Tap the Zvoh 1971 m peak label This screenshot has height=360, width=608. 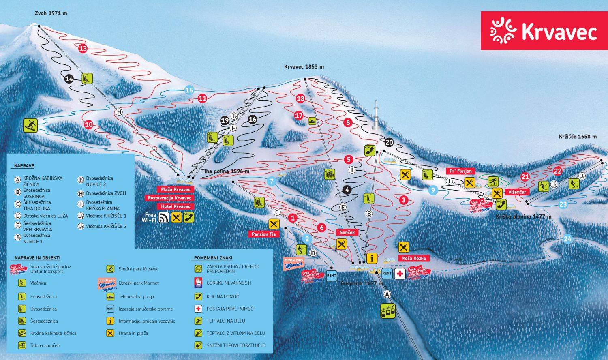point(51,13)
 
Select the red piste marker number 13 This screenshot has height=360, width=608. point(83,49)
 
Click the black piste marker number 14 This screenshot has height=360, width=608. point(69,79)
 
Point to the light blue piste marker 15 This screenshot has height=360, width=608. point(189,90)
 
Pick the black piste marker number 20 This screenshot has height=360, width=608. point(389,142)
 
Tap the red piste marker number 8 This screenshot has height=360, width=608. point(347,122)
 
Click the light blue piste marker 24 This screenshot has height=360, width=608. point(567,239)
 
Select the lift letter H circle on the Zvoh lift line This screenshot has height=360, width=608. point(119,112)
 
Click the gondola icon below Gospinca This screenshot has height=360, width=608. point(388,311)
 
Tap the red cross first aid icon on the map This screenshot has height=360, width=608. point(400,274)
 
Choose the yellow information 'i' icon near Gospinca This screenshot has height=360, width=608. point(372,258)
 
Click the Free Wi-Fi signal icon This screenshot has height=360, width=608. point(164,218)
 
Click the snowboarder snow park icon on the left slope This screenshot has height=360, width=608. point(30,125)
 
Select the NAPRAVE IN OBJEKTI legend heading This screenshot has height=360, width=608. point(37,258)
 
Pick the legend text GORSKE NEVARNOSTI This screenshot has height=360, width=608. point(229,283)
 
